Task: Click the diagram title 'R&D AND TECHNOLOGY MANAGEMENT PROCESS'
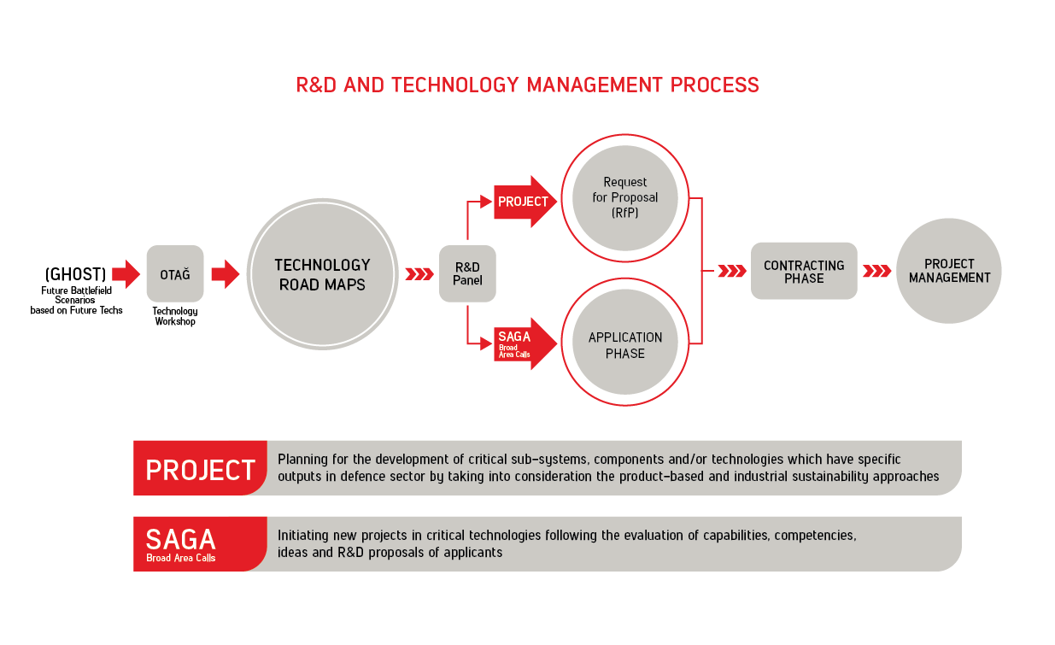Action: [x=527, y=85]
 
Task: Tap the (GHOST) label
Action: [x=75, y=274]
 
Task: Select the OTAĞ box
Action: [x=175, y=273]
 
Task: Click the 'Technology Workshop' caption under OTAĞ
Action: [x=175, y=316]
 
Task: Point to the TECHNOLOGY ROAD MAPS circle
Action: [x=323, y=274]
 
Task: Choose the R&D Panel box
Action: [x=467, y=273]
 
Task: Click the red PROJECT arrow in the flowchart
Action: [x=525, y=202]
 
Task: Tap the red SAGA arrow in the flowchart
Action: [x=525, y=344]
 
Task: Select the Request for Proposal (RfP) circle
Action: [x=625, y=198]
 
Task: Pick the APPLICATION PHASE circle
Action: [x=625, y=342]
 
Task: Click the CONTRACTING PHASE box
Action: [x=804, y=271]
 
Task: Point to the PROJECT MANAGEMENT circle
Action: [x=949, y=271]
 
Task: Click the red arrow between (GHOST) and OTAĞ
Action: [x=126, y=273]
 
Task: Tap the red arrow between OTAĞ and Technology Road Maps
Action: [x=226, y=273]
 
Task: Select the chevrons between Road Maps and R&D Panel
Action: [x=419, y=273]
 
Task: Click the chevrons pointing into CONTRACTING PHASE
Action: [x=732, y=271]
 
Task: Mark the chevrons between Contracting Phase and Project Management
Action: [x=877, y=271]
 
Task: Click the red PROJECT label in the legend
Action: [x=200, y=468]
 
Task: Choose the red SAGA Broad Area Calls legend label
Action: [x=200, y=544]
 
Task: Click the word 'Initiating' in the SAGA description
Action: [x=303, y=536]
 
